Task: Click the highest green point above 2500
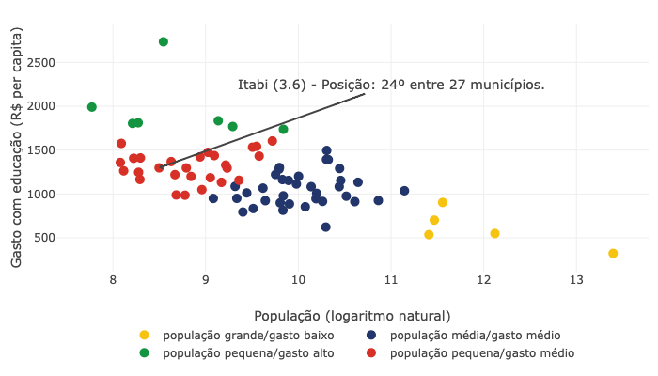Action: pos(164,41)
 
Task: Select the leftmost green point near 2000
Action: pos(92,107)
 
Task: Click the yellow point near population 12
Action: pos(494,233)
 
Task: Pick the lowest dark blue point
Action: pos(326,227)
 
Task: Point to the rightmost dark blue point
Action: pos(404,191)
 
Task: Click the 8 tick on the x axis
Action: pos(113,279)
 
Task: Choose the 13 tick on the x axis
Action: pos(576,279)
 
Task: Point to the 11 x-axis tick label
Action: pos(390,279)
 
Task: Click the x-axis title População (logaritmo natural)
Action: pos(352,316)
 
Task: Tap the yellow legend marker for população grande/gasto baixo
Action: pos(144,336)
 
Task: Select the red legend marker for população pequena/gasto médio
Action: pos(371,353)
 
